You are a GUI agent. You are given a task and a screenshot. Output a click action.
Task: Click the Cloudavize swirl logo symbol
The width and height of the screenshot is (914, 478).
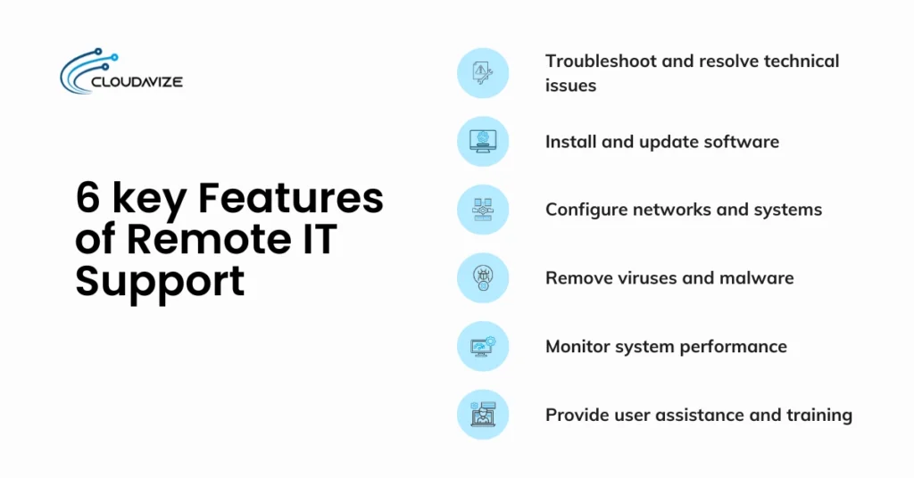pos(86,69)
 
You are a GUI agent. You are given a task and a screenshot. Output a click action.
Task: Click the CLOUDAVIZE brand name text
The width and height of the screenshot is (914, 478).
pos(137,83)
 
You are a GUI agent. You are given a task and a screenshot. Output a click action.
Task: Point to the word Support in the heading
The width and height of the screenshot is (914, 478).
pos(160,281)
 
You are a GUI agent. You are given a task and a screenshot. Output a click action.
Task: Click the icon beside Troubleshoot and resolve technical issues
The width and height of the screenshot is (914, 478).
pos(483,73)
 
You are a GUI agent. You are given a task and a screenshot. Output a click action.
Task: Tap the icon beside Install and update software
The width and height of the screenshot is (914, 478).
pos(483,141)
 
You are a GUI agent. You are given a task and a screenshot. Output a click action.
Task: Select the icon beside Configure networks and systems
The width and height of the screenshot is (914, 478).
pos(483,210)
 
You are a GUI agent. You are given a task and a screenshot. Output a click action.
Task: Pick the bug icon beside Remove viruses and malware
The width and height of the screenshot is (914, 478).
pos(483,277)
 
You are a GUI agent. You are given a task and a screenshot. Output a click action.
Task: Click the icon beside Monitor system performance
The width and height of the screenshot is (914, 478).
pos(483,346)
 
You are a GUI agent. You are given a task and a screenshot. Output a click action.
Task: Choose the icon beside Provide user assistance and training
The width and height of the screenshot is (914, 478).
pos(483,414)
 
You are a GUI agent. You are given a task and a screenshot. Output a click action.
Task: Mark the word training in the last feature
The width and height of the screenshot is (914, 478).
pos(817,415)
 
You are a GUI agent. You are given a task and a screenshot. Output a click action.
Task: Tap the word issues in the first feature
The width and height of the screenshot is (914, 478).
pos(570,86)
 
